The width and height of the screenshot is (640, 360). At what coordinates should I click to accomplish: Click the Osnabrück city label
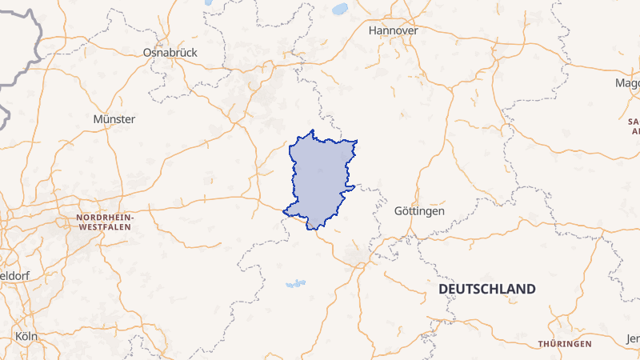[x=170, y=52]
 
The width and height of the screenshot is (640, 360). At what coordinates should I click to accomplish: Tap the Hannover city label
[x=394, y=30]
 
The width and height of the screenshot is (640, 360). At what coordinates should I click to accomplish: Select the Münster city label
[x=114, y=119]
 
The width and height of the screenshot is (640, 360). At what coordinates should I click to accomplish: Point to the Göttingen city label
[x=419, y=211]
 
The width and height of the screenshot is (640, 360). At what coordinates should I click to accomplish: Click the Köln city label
[x=26, y=336]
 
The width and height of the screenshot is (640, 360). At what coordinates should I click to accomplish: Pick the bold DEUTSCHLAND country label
[x=487, y=289]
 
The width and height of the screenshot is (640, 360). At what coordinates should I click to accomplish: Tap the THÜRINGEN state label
[x=565, y=343]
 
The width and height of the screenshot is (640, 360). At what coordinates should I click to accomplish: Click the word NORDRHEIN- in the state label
[x=106, y=218]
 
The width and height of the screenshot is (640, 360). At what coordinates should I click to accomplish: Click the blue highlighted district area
[x=320, y=176]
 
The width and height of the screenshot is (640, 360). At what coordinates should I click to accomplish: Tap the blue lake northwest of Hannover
[x=339, y=10]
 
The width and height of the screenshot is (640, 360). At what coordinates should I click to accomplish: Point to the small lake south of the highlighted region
[x=296, y=283]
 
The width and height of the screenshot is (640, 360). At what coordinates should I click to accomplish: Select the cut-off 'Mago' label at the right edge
[x=627, y=83]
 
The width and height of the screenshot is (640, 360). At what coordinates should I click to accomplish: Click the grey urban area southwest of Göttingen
[x=357, y=256]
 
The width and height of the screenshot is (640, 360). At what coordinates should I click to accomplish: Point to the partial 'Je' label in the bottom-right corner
[x=633, y=338]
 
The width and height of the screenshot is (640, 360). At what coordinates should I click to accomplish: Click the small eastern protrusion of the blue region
[x=350, y=189]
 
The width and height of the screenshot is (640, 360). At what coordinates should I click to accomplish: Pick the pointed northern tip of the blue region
[x=313, y=130]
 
